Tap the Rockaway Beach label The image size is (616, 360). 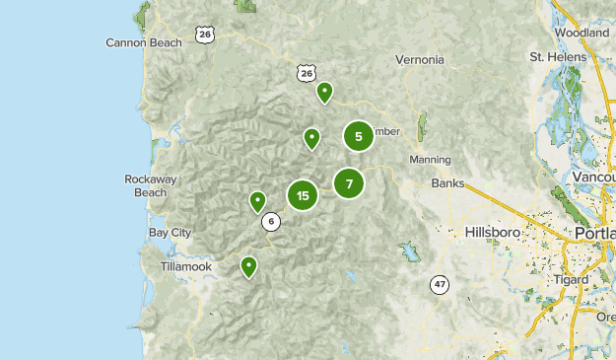pyautogui.click(x=152, y=185)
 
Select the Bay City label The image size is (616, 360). pyautogui.click(x=170, y=232)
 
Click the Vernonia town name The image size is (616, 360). pyautogui.click(x=420, y=59)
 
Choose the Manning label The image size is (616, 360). pyautogui.click(x=430, y=159)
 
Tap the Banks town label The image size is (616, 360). pyautogui.click(x=447, y=183)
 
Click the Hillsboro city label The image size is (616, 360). pyautogui.click(x=491, y=232)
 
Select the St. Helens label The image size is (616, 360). pyautogui.click(x=557, y=56)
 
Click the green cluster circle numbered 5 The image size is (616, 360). pyautogui.click(x=359, y=136)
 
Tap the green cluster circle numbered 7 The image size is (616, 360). pyautogui.click(x=349, y=183)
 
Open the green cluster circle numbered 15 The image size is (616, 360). pyautogui.click(x=303, y=195)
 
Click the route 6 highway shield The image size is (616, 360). pyautogui.click(x=270, y=222)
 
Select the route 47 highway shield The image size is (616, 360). pyautogui.click(x=439, y=285)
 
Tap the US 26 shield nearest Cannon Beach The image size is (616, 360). pyautogui.click(x=204, y=35)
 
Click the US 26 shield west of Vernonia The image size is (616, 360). pyautogui.click(x=306, y=73)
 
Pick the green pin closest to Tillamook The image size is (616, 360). pyautogui.click(x=249, y=265)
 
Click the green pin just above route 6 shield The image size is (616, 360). pyautogui.click(x=257, y=201)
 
